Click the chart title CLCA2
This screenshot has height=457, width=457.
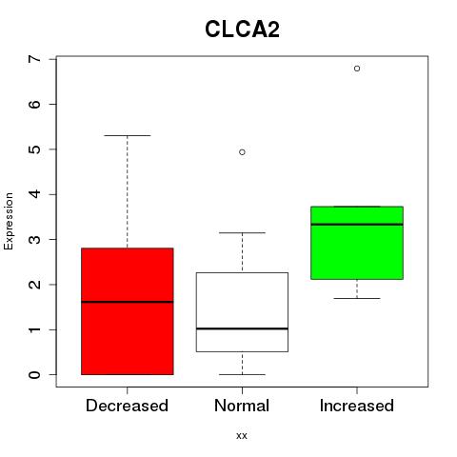242,30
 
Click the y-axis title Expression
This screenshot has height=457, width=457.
9,221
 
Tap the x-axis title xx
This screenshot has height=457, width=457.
242,435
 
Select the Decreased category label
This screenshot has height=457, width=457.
127,406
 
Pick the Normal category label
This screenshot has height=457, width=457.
242,406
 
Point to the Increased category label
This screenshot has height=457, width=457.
357,406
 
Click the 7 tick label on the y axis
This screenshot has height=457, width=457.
35,59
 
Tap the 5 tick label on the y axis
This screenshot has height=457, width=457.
35,149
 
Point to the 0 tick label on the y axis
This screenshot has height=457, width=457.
35,375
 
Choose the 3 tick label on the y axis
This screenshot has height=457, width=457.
35,239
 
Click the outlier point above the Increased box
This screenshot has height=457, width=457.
357,69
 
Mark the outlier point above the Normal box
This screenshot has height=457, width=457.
242,152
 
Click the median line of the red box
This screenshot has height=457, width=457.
128,302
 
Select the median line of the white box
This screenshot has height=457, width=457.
242,328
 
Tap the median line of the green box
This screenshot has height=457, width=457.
357,225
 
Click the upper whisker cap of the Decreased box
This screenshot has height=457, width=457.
128,135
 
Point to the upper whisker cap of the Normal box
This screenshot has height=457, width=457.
242,232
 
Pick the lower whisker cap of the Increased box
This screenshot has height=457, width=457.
357,298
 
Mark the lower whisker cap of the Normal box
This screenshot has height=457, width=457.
242,374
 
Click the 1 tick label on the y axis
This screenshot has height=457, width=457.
35,329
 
